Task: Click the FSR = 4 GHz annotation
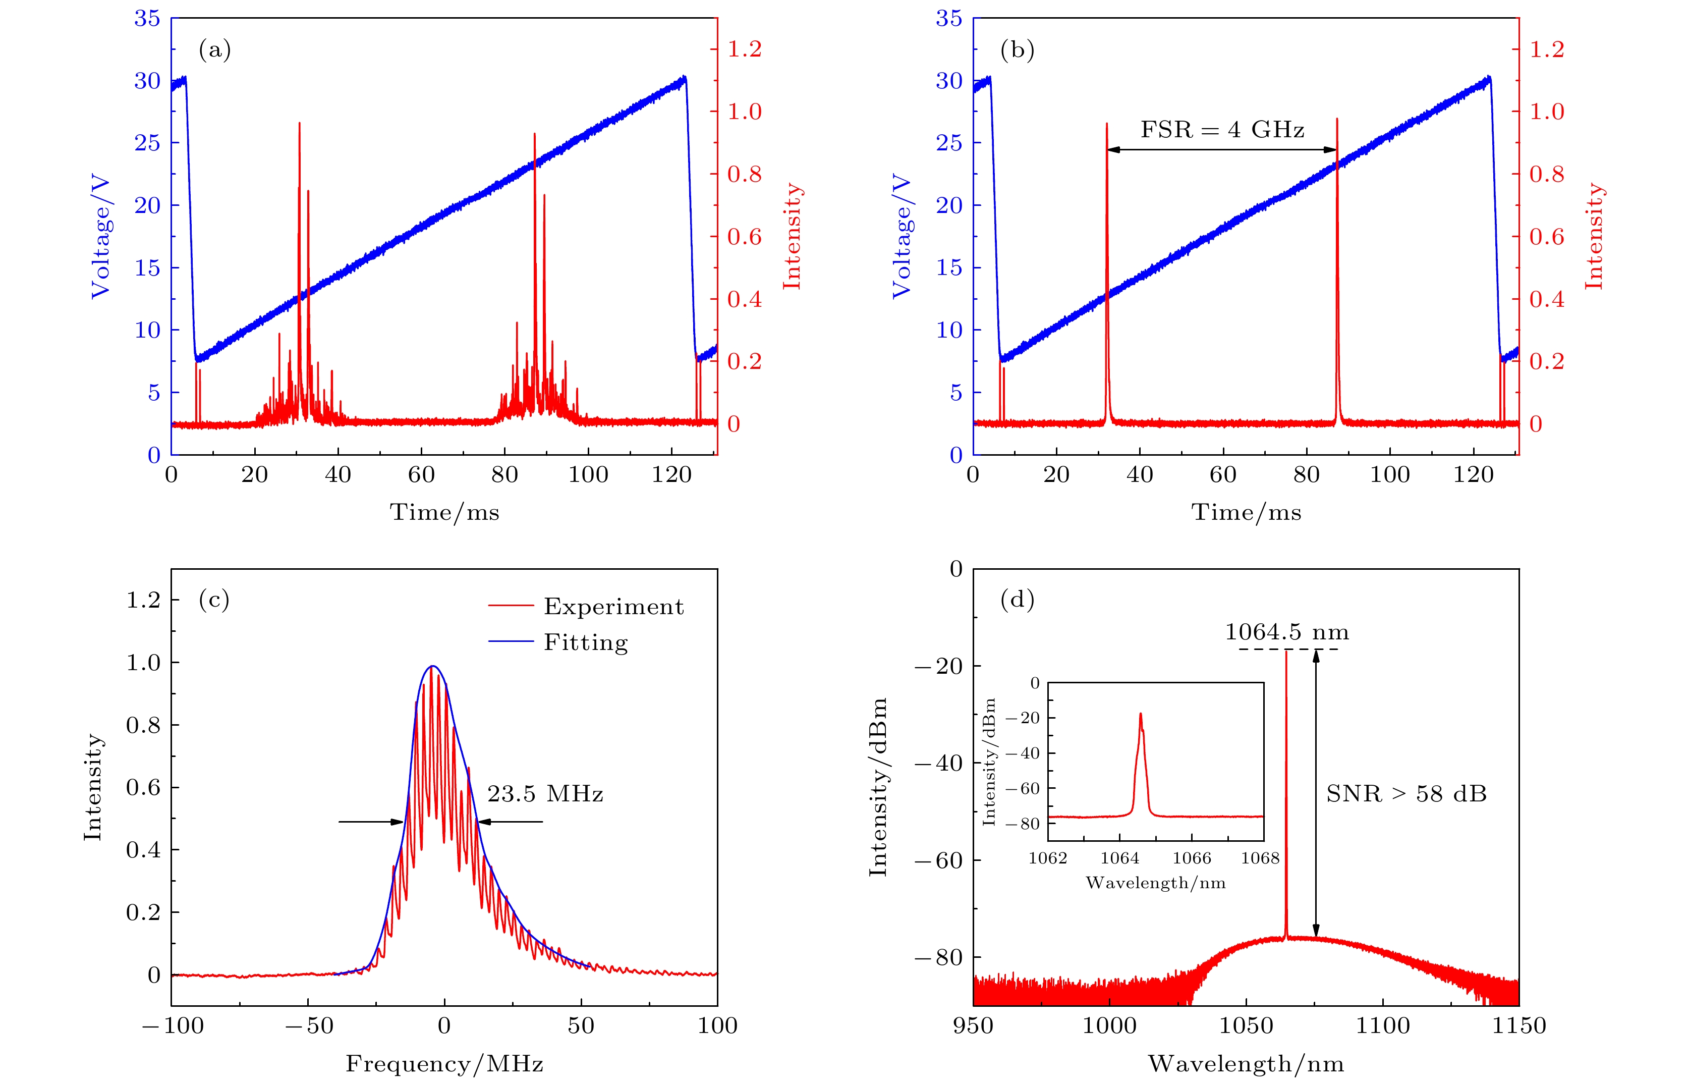pyautogui.click(x=1222, y=130)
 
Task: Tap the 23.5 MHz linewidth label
pyautogui.click(x=545, y=794)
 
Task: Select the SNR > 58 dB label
pyautogui.click(x=1406, y=794)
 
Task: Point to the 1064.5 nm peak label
pyautogui.click(x=1286, y=632)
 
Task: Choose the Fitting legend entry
pyautogui.click(x=586, y=642)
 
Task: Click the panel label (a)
pyautogui.click(x=214, y=50)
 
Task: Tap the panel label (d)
pyautogui.click(x=1017, y=600)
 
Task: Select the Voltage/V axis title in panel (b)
pyautogui.click(x=901, y=237)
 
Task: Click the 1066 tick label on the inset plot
pyautogui.click(x=1192, y=858)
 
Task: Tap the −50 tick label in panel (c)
pyautogui.click(x=309, y=1026)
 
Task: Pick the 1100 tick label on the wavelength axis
pyautogui.click(x=1382, y=1026)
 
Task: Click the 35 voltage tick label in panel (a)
pyautogui.click(x=148, y=19)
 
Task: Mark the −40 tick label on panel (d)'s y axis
pyautogui.click(x=938, y=763)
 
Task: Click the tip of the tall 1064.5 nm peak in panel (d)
pyautogui.click(x=1286, y=651)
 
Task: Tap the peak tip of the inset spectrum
pyautogui.click(x=1140, y=714)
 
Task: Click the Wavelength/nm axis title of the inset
pyautogui.click(x=1155, y=883)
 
